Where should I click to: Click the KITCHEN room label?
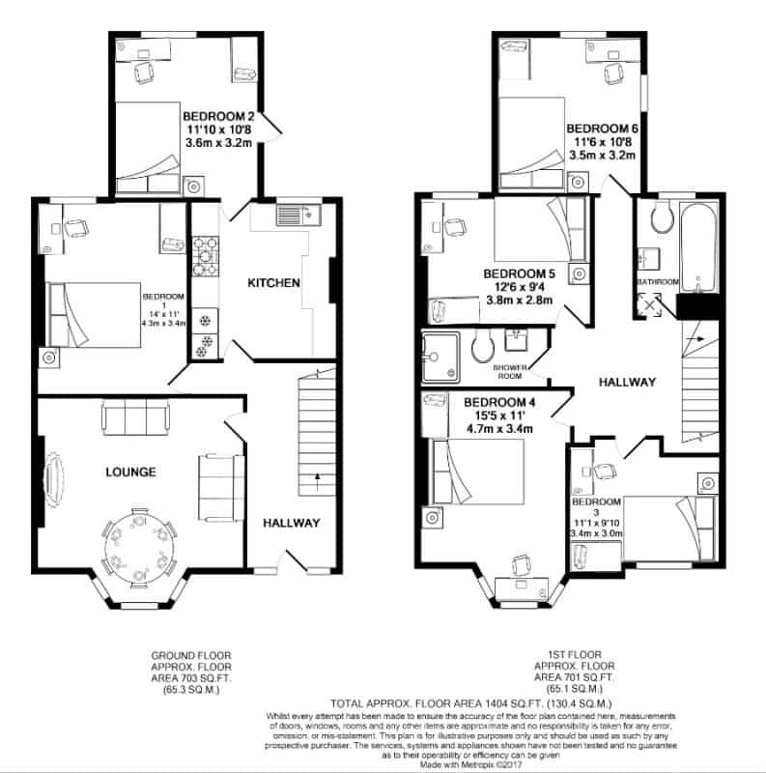[274, 283]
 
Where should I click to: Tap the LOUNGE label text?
[130, 472]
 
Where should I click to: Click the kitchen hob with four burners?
[206, 256]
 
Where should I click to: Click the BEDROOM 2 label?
[217, 118]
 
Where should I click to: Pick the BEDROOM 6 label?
[602, 129]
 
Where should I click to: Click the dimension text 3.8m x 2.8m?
[518, 301]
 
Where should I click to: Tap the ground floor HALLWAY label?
[291, 523]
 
